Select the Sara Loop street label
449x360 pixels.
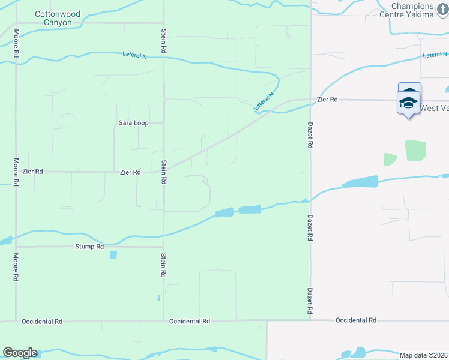[x=133, y=123]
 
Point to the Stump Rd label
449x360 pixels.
[x=89, y=247]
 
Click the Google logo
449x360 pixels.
[x=20, y=353]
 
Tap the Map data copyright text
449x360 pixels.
[x=424, y=355]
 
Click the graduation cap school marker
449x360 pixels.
[x=409, y=101]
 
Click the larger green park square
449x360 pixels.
[x=415, y=150]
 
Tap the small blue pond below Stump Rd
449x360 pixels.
[x=113, y=254]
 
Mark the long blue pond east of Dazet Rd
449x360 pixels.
[x=360, y=182]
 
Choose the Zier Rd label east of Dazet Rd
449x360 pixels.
[x=327, y=100]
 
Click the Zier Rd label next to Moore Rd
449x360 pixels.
[x=32, y=172]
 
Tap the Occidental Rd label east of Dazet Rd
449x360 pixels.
[x=356, y=320]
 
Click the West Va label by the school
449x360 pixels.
[x=434, y=109]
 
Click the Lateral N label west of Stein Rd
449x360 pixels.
[x=134, y=55]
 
